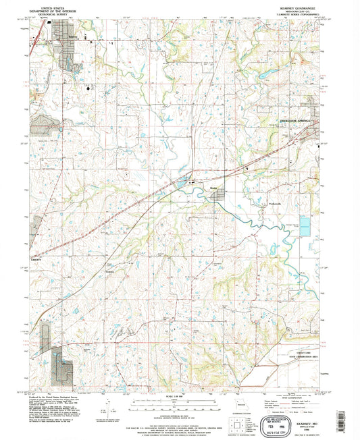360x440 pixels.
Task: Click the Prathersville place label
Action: [x=271, y=202]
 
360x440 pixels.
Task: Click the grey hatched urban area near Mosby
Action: [x=220, y=196]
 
